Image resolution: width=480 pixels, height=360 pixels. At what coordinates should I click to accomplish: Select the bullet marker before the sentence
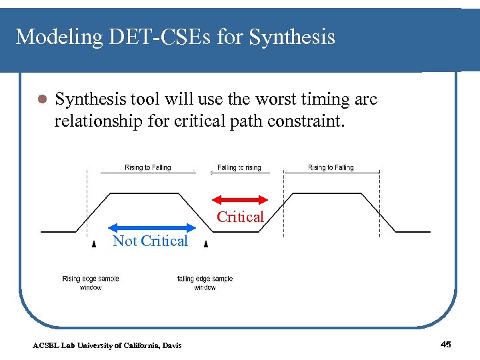point(41,100)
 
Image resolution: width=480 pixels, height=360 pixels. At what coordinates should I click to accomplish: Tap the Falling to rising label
point(239,167)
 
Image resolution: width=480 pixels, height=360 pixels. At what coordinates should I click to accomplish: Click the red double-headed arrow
point(239,199)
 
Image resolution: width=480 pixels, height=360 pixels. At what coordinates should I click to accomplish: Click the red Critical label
point(240,217)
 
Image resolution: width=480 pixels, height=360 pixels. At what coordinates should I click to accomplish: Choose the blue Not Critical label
point(150,241)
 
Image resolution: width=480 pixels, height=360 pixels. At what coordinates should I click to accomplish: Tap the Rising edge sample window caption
point(91,283)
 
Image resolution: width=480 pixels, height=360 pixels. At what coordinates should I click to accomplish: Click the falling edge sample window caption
point(205,283)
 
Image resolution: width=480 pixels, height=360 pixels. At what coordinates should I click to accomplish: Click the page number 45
point(446,344)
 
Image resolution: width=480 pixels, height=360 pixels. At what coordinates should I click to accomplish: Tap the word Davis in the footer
point(171,345)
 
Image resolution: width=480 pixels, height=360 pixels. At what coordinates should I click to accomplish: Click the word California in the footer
point(140,345)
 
